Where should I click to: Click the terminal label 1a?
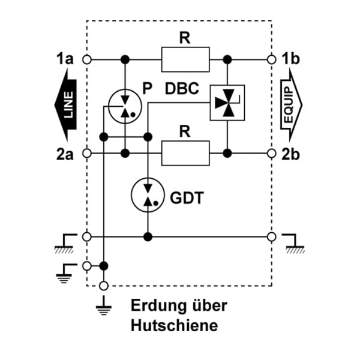tap(65, 59)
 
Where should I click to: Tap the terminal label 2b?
tap(290, 154)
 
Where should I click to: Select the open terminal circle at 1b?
tap(272, 59)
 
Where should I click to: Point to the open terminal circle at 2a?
tap(87, 153)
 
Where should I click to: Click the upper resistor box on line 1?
tap(185, 59)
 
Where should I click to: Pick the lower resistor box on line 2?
tap(185, 153)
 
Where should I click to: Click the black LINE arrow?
tap(66, 105)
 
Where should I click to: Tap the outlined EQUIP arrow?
tap(291, 105)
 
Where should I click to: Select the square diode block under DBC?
tap(227, 103)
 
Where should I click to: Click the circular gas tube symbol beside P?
tap(125, 106)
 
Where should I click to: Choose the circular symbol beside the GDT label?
tap(148, 194)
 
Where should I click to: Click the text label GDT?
tap(187, 197)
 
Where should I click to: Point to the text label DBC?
tap(182, 89)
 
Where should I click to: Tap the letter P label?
tap(148, 88)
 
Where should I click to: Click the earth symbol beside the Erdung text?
tap(104, 305)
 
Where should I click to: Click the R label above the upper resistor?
tap(185, 38)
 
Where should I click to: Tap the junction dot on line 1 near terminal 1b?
tap(227, 59)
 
